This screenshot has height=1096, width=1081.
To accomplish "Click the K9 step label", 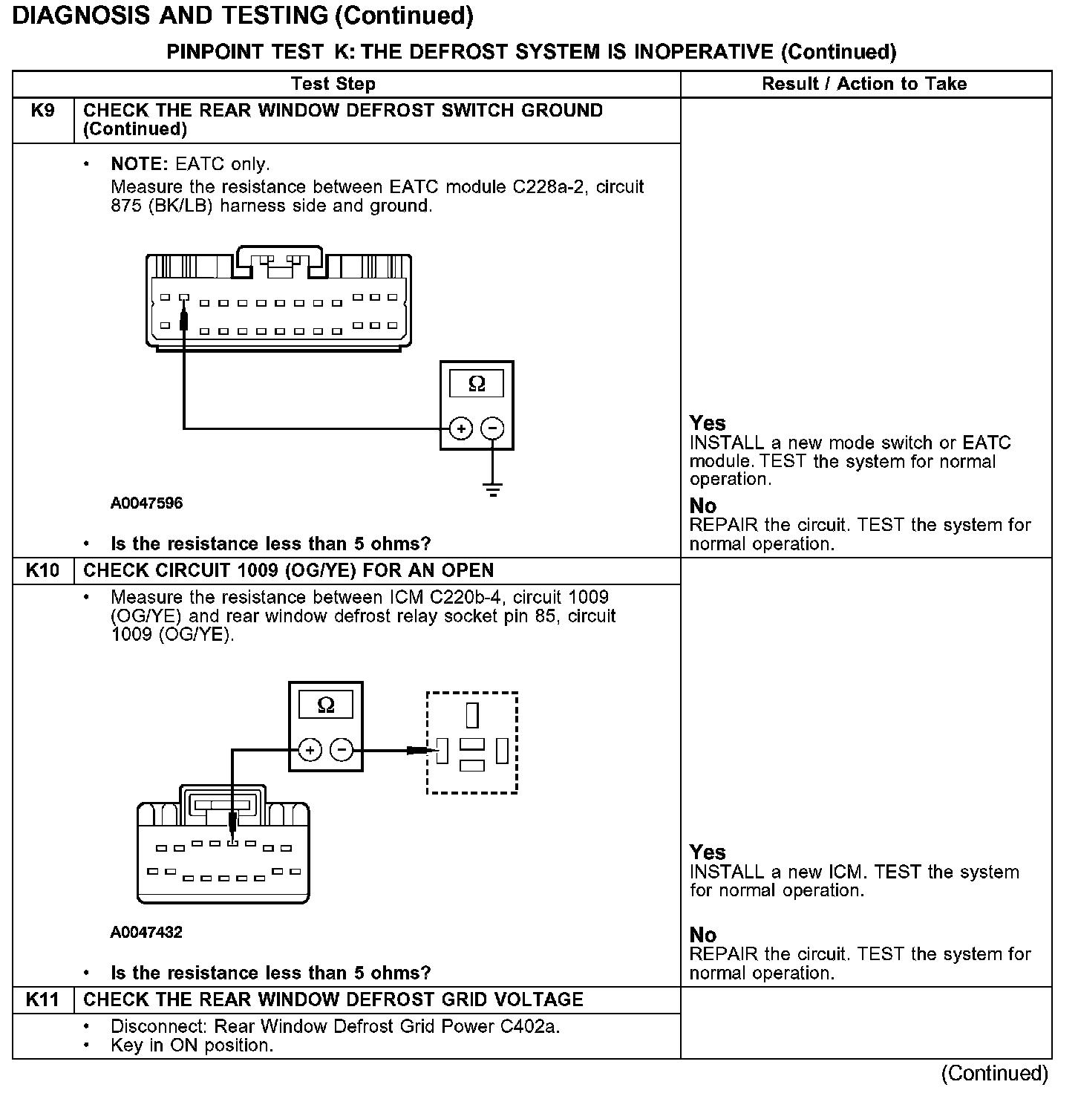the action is (43, 111).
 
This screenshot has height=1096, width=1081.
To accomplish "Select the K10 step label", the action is (43, 571).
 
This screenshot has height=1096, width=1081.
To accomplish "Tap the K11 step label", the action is (43, 1000).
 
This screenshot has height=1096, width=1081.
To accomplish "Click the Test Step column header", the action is (333, 84).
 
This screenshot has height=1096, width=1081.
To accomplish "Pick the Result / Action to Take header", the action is (864, 84).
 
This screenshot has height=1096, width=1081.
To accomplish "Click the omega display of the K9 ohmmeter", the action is (477, 384).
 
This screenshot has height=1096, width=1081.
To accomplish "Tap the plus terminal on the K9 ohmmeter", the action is (461, 428).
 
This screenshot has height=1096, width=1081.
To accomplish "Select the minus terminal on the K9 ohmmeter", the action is (493, 428).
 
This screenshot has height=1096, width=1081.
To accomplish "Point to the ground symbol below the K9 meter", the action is (493, 489).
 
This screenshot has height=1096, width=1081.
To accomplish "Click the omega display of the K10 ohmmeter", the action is (326, 705).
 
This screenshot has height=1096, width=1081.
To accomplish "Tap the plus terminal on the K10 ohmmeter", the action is (310, 750).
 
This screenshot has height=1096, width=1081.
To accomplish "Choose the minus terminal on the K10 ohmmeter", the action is (342, 750).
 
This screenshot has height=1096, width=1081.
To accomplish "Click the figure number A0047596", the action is (147, 503).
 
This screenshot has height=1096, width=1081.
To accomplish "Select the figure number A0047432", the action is (147, 933).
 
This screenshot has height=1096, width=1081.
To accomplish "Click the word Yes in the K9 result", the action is (708, 423).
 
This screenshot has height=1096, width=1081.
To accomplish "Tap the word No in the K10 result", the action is (703, 935).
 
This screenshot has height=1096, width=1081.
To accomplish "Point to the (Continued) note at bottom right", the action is (994, 1074).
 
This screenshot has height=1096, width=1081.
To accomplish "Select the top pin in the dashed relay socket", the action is (472, 714).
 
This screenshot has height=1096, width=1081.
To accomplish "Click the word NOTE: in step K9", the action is (140, 164).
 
